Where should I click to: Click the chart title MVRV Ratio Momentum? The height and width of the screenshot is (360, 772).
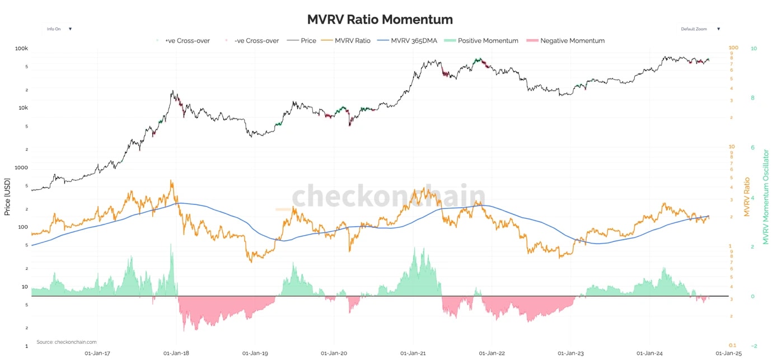click(380, 20)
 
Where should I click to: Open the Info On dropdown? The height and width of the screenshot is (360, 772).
click(59, 29)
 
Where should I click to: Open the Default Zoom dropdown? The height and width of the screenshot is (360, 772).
click(700, 29)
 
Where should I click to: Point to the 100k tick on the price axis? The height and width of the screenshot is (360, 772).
click(21, 49)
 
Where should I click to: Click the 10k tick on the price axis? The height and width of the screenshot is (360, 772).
click(22, 108)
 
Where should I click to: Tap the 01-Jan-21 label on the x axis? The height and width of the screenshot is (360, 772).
click(413, 353)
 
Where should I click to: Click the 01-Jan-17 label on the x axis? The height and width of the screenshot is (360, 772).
click(97, 353)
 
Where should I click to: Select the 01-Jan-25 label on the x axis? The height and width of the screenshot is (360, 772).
click(729, 353)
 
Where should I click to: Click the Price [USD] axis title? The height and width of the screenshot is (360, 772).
click(7, 197)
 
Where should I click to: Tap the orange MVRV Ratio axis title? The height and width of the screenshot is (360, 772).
click(746, 197)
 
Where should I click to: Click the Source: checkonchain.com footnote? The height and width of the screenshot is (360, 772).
click(67, 342)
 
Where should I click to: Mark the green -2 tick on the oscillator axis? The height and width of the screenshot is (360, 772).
click(754, 346)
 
